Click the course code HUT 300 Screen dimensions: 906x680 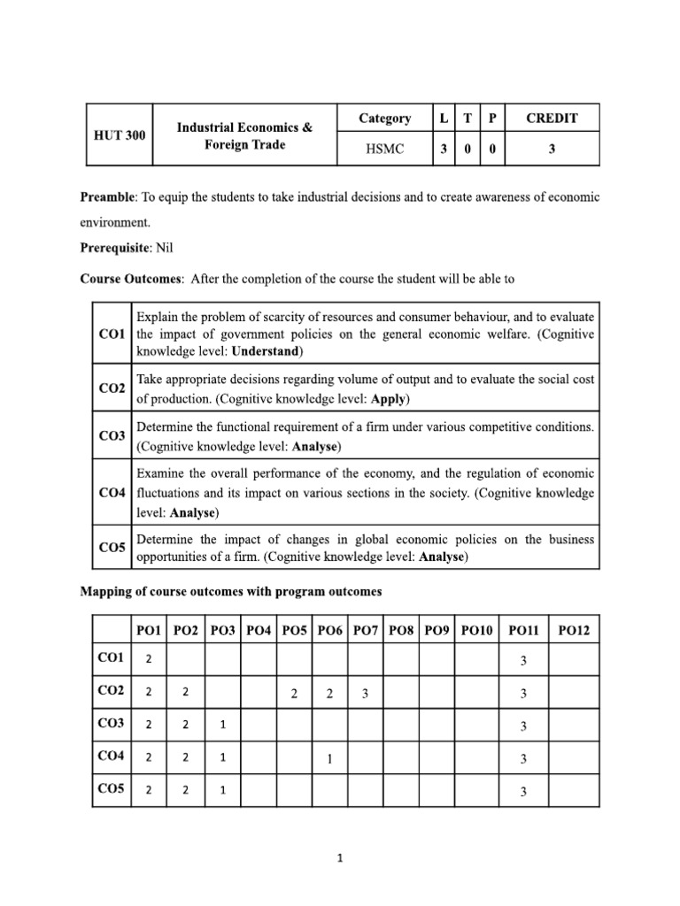[119, 134]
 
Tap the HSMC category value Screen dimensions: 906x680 [384, 150]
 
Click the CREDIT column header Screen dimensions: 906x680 [551, 119]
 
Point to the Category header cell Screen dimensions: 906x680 [384, 119]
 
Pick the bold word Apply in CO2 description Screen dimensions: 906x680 [387, 399]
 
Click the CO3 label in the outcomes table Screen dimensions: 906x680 [112, 435]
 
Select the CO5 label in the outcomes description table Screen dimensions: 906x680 [112, 548]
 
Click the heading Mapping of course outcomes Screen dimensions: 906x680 [231, 590]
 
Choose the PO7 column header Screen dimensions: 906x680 [365, 631]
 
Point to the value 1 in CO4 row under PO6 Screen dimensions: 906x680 [328, 758]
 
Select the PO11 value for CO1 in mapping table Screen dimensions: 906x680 [523, 661]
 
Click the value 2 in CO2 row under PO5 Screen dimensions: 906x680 [293, 694]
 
